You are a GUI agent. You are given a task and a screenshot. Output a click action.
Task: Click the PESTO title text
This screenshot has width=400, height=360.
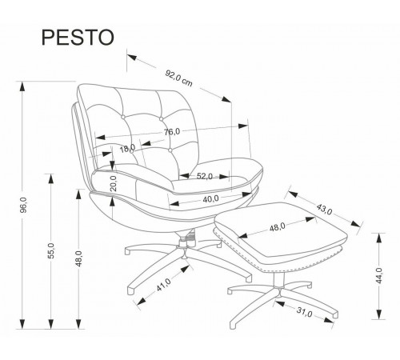pyautogui.click(x=78, y=38)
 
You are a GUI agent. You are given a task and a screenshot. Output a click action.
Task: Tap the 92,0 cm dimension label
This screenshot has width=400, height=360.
pyautogui.click(x=178, y=78)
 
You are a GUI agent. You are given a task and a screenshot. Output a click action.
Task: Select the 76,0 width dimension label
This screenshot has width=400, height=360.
pyautogui.click(x=172, y=132)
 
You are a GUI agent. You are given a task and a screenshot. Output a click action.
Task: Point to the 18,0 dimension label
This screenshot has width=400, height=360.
pyautogui.click(x=127, y=148)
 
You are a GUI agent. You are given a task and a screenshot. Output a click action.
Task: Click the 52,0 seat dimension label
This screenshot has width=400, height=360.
pyautogui.click(x=205, y=176)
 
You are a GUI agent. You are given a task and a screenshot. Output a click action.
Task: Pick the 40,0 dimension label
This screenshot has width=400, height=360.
pyautogui.click(x=210, y=199)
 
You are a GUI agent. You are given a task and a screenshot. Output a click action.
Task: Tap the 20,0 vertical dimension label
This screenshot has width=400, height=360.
pyautogui.click(x=114, y=183)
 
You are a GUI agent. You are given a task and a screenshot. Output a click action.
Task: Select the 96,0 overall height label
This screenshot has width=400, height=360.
pyautogui.click(x=24, y=205)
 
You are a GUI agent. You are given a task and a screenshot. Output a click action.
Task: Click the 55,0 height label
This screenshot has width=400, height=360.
pyautogui.click(x=51, y=250)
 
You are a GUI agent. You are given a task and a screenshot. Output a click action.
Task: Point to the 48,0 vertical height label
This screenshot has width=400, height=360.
pyautogui.click(x=79, y=258)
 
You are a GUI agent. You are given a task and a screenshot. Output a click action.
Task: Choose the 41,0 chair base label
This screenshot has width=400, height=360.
pyautogui.click(x=163, y=285)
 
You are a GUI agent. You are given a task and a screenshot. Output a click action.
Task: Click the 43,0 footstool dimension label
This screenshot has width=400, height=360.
pyautogui.click(x=324, y=209)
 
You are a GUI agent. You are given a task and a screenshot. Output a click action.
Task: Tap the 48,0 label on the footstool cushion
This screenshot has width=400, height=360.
pyautogui.click(x=278, y=227)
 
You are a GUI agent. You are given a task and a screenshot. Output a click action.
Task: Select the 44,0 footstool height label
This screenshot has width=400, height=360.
pyautogui.click(x=379, y=275)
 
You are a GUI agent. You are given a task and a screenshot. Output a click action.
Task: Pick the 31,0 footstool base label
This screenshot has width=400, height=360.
pyautogui.click(x=304, y=312)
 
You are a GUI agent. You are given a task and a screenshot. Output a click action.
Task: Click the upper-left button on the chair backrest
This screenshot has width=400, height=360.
pyautogui.click(x=123, y=117)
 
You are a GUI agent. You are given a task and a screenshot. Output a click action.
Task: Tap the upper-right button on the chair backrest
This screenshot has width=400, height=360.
pyautogui.click(x=161, y=118)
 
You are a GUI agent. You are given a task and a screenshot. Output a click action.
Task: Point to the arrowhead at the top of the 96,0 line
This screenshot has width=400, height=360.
pyautogui.click(x=22, y=86)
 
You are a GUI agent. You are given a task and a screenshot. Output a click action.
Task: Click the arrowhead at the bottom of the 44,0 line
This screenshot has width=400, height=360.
pyautogui.click(x=378, y=314)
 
